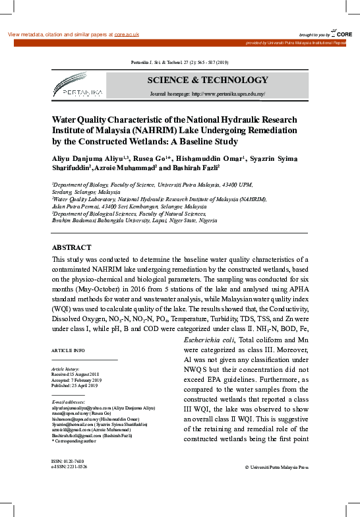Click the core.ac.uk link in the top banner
click(126, 34)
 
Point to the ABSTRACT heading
click(72, 247)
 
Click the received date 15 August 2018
click(84, 374)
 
